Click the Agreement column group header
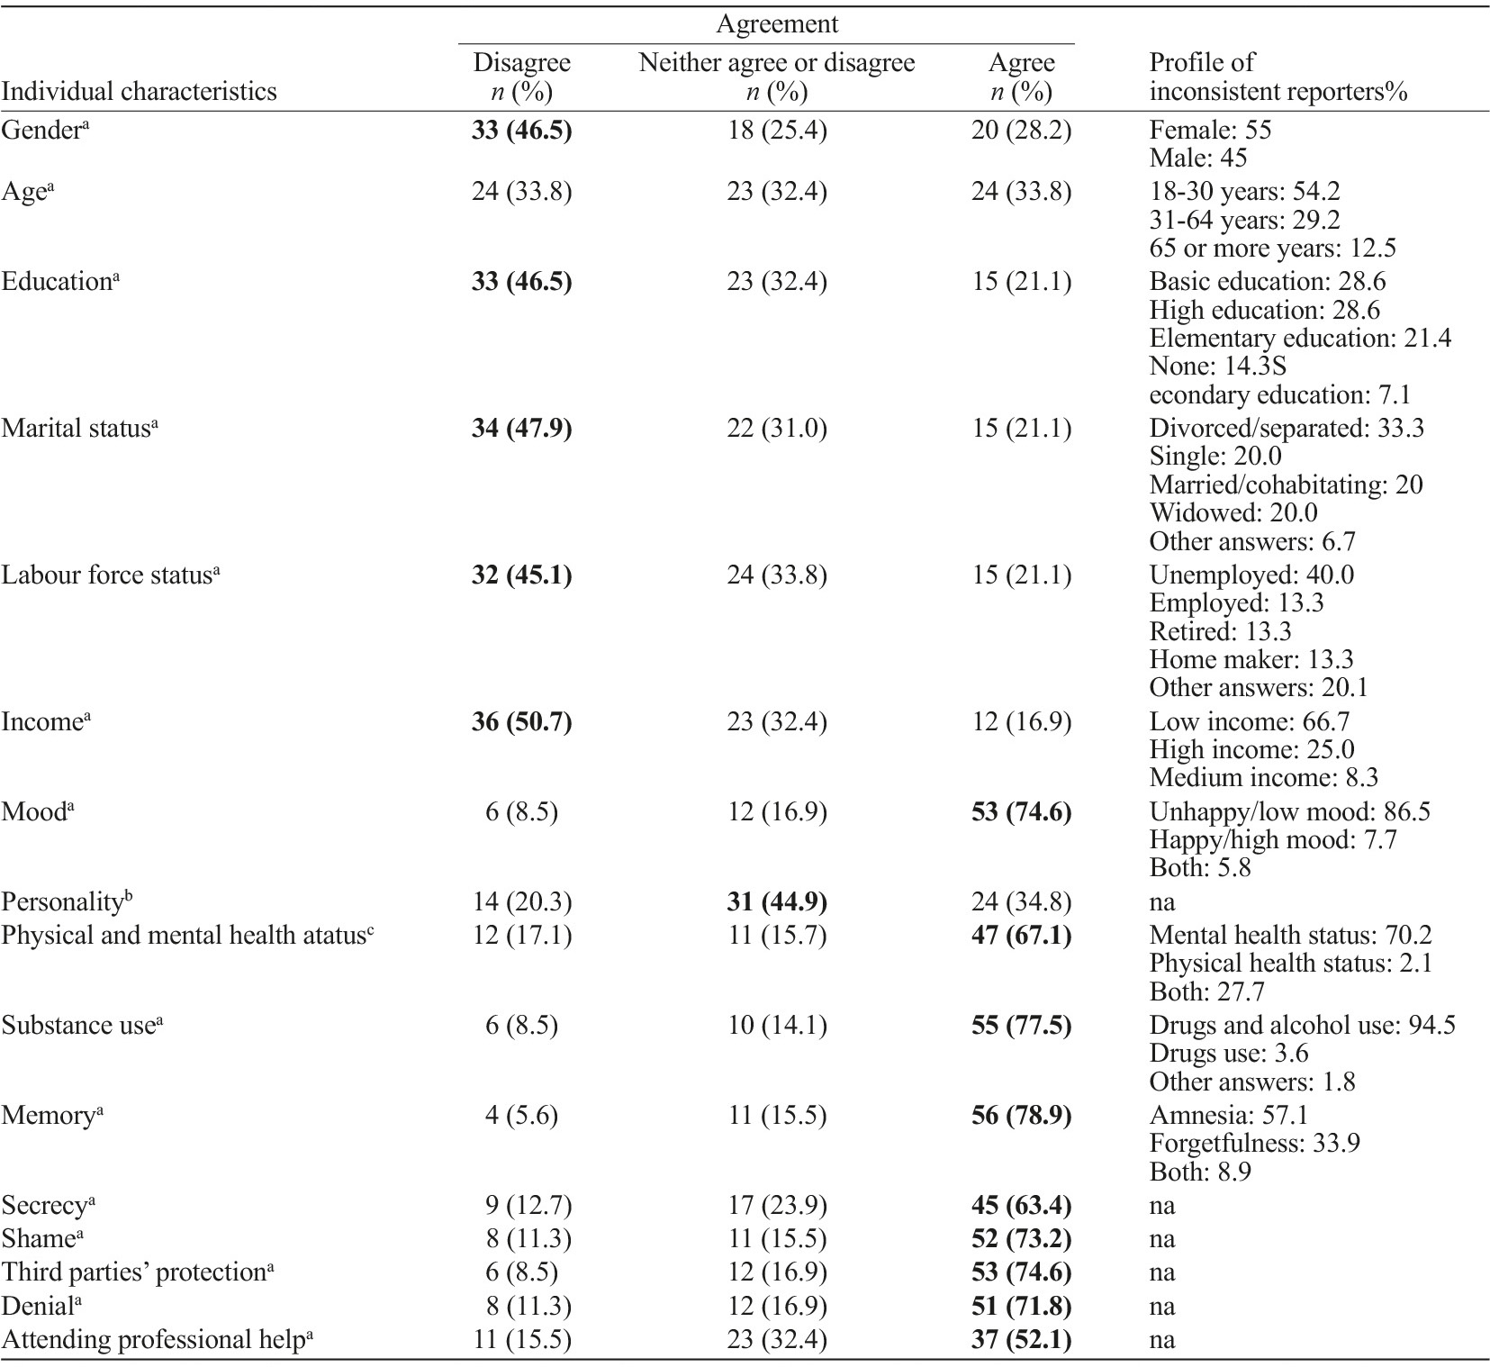pos(776,24)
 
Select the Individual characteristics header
pos(139,91)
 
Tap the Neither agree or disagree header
pos(776,63)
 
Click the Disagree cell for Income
pos(521,721)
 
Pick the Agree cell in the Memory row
pos(1021,1115)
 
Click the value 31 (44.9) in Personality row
pos(776,901)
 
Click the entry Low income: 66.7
pos(1249,721)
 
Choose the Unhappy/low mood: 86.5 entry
pos(1289,811)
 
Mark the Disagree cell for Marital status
pos(521,428)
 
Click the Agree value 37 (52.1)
pos(1021,1339)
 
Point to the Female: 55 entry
pos(1210,130)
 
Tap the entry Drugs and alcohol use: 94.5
pos(1302,1025)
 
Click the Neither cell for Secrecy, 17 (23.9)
pos(776,1205)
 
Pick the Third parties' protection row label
pos(137,1272)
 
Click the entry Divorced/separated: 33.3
pos(1287,428)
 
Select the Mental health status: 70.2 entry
pos(1290,935)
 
